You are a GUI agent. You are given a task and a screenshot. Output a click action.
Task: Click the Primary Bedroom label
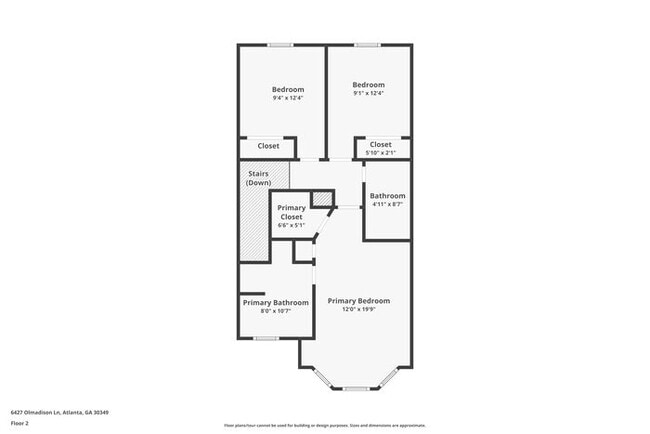click(358, 301)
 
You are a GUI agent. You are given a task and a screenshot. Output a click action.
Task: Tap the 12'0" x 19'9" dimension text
click(358, 309)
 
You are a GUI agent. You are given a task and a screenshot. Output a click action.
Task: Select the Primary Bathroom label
click(276, 302)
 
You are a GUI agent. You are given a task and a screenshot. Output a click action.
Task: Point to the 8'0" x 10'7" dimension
click(276, 310)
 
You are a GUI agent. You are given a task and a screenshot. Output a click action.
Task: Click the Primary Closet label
click(291, 212)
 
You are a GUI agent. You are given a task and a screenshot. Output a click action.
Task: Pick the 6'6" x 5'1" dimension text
click(291, 225)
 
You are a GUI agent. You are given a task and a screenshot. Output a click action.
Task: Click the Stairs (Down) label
click(259, 178)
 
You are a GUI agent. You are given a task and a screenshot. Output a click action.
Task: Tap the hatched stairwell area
click(254, 225)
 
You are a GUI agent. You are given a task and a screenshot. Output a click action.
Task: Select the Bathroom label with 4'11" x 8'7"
click(387, 196)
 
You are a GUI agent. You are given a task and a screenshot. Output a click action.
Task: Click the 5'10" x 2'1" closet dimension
click(381, 153)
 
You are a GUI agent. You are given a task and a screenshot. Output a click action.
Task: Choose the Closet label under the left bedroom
click(269, 146)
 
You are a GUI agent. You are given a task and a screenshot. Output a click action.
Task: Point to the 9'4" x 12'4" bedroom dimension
click(287, 98)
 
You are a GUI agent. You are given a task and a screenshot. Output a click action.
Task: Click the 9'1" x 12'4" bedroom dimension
click(368, 93)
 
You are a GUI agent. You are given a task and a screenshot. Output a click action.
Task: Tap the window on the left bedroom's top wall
click(280, 45)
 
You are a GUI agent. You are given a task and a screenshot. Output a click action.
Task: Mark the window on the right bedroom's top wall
click(367, 45)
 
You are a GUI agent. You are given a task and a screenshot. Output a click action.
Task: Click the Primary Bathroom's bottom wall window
click(265, 338)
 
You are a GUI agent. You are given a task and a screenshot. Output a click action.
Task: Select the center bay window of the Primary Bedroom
click(356, 388)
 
